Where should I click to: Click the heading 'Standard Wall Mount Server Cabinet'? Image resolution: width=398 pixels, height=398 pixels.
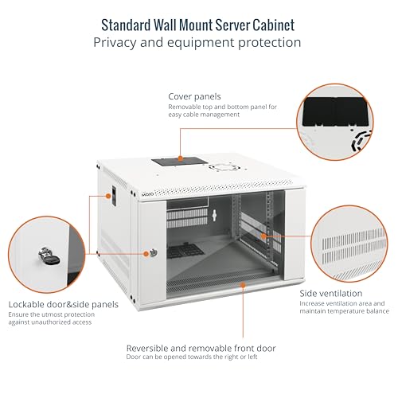tap(198, 24)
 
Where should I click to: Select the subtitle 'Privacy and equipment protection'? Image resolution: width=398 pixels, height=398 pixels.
tap(198, 42)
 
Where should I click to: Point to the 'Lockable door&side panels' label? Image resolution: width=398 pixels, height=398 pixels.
tap(64, 304)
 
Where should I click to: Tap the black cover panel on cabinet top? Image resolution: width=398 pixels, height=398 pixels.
tap(180, 162)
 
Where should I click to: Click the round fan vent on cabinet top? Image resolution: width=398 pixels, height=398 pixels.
tap(220, 167)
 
